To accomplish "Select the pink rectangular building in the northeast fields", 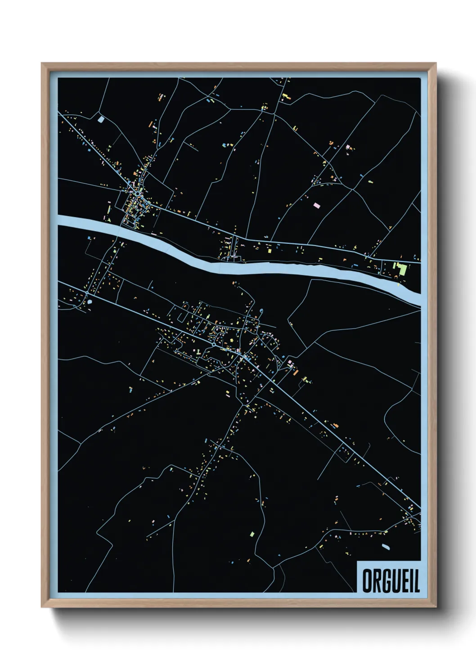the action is pos(316,205).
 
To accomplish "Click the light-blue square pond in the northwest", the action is pos(101,120).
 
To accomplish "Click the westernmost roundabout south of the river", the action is pos(86,294).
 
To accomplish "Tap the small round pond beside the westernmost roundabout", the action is pos(90,302).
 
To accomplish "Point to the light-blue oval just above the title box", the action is pos(386,547).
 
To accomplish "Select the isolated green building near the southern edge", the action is pos(252,534).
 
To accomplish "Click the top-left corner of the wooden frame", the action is pos(42,63).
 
